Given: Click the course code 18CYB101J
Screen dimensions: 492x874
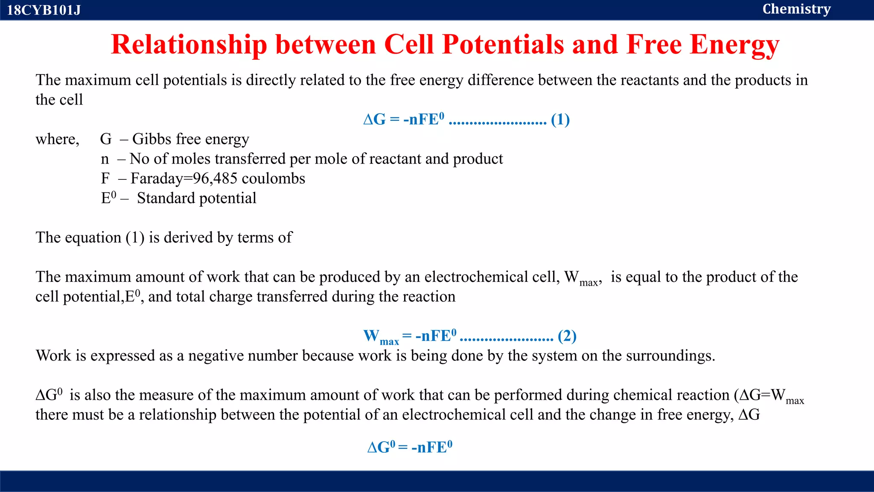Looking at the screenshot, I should [x=44, y=10].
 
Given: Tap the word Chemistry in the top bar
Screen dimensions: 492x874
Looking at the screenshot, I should [x=796, y=9].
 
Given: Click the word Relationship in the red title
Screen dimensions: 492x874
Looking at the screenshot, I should [x=189, y=44].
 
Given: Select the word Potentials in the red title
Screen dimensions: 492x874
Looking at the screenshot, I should [x=503, y=44].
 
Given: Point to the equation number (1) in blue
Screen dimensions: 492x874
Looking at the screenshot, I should [x=560, y=120].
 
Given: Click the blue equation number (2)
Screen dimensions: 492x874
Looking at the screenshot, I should [x=567, y=336].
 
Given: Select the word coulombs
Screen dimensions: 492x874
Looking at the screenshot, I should [x=273, y=179].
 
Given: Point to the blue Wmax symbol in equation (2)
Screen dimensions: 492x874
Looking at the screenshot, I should [x=381, y=337].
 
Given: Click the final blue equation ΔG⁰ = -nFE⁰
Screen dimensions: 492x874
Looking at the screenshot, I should [x=410, y=447].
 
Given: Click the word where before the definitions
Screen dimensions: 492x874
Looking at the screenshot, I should [x=57, y=139].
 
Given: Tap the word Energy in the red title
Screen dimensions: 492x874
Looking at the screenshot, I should [x=734, y=44].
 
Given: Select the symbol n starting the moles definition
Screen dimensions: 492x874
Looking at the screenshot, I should [x=105, y=159].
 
